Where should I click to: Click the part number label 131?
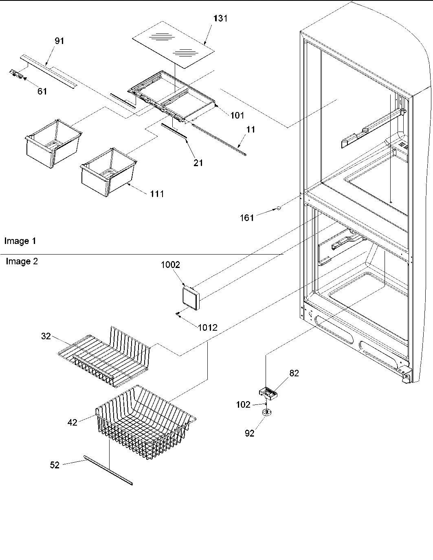[x=220, y=18]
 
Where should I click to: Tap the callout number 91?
[x=59, y=41]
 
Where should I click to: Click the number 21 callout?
[x=198, y=163]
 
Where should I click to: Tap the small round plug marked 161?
[x=279, y=208]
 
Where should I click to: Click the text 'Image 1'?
[x=20, y=241]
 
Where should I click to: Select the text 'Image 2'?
[x=22, y=261]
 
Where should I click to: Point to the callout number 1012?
[x=208, y=327]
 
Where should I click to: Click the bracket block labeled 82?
[x=269, y=393]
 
